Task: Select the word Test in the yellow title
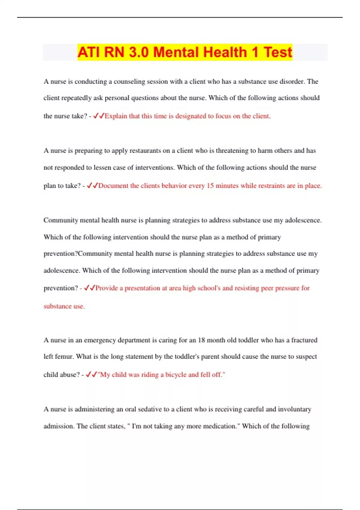coord(278,52)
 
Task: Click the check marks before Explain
coord(98,116)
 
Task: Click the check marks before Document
coord(92,186)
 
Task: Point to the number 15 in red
coord(210,186)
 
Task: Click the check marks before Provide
coord(89,288)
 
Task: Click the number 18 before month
coord(201,340)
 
